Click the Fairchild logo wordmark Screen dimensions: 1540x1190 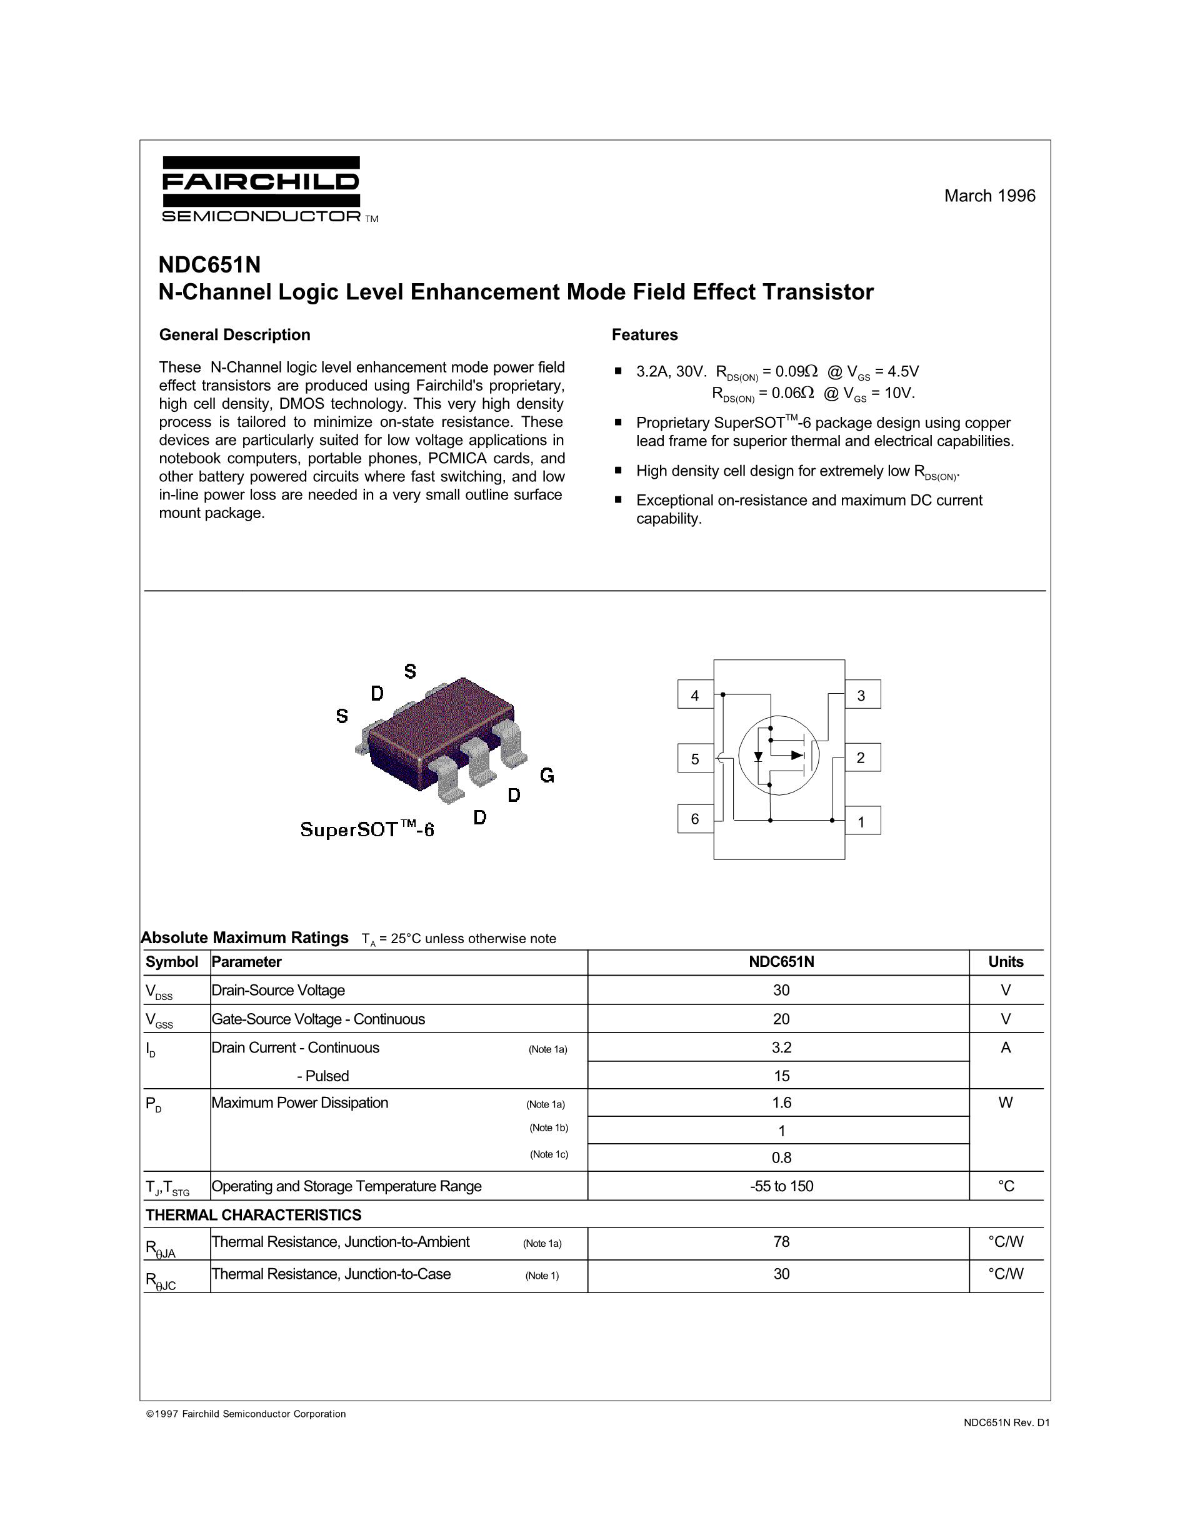[260, 182]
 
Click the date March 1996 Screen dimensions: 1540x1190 [989, 196]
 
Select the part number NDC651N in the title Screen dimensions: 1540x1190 [209, 265]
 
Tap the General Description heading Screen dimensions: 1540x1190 [235, 335]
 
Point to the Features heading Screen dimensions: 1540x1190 [644, 335]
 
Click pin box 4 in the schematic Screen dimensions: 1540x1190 [695, 695]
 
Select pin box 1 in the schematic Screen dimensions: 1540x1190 [861, 821]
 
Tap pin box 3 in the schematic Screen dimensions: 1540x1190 [861, 695]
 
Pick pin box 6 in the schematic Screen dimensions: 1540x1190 [695, 819]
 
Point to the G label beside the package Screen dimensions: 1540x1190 [547, 776]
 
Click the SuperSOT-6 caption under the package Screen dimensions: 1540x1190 [367, 829]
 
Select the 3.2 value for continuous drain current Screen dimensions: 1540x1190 [781, 1048]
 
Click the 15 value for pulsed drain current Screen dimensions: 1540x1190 [781, 1076]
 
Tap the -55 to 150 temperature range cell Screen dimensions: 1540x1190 [781, 1186]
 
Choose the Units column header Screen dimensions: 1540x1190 [1005, 962]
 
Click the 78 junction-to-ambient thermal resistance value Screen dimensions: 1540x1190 [781, 1242]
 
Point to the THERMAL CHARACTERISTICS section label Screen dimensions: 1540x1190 [253, 1215]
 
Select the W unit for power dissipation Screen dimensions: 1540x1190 [1005, 1103]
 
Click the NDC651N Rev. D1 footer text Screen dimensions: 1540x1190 [1007, 1423]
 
